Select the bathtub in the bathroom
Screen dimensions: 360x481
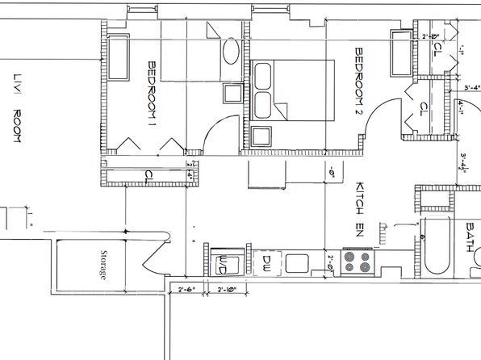click(x=441, y=250)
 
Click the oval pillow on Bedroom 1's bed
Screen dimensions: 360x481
click(x=230, y=54)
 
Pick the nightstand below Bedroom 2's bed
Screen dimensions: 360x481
click(x=261, y=136)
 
